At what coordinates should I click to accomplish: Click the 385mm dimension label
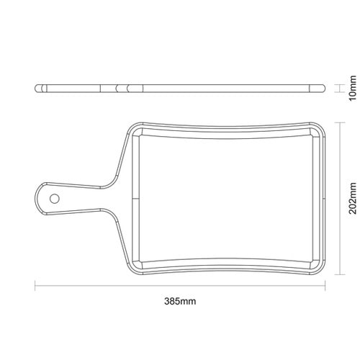pyautogui.click(x=180, y=301)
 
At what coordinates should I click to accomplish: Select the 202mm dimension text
pyautogui.click(x=353, y=198)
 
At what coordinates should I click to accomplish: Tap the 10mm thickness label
pyautogui.click(x=353, y=89)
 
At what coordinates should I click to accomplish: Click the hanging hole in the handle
pyautogui.click(x=55, y=199)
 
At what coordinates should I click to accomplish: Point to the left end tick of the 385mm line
pyautogui.click(x=35, y=286)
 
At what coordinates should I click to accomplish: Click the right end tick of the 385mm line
pyautogui.click(x=325, y=286)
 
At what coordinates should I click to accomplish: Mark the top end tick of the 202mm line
pyautogui.click(x=340, y=122)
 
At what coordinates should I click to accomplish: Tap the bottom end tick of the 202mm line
pyautogui.click(x=340, y=274)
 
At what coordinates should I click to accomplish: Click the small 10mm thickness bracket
pyautogui.click(x=340, y=89)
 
